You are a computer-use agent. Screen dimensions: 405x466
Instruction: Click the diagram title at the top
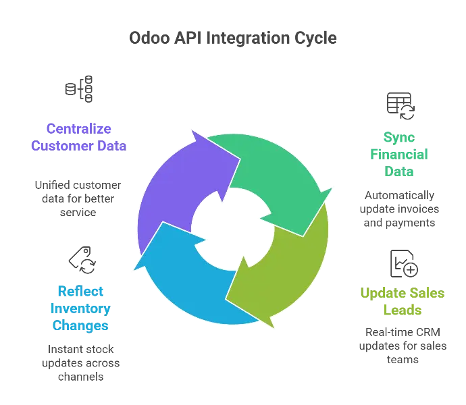[233, 38]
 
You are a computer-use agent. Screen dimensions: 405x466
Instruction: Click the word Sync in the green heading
[398, 137]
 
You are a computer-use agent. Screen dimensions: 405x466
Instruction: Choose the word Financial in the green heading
[399, 154]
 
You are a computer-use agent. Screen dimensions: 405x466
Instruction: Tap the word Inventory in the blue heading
[79, 308]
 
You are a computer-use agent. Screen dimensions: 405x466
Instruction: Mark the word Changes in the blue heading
[79, 325]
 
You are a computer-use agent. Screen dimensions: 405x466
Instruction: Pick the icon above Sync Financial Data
[398, 103]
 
